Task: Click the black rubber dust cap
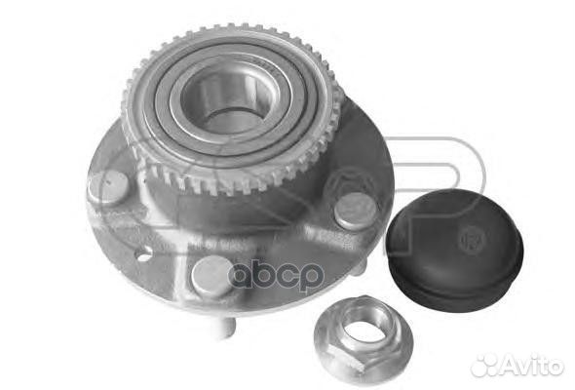[454, 234]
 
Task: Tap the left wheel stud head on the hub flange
[108, 185]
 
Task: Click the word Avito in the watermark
[531, 366]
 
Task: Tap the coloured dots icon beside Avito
[484, 365]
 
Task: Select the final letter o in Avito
[556, 367]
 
